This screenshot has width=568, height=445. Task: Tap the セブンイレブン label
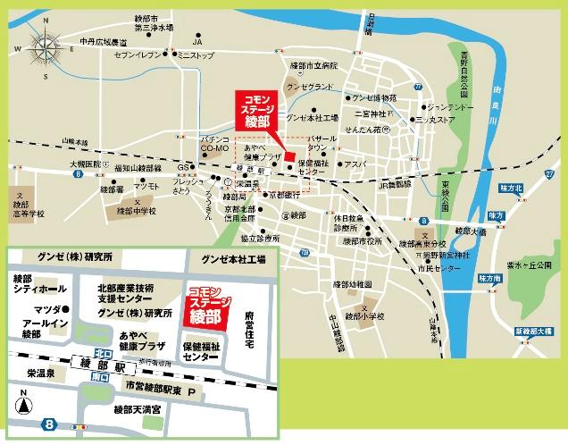tap(137, 55)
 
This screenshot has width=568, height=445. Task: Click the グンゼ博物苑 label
tap(374, 96)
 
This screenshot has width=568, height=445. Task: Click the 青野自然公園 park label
tap(464, 76)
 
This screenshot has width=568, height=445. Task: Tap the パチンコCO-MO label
tap(215, 145)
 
